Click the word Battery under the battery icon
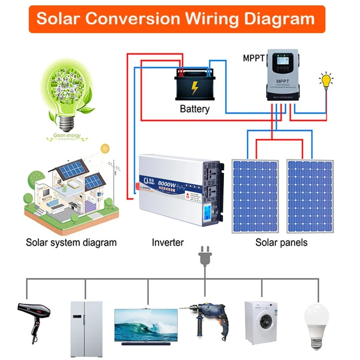tap(194, 108)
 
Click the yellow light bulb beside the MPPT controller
tap(326, 80)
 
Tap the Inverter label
tap(168, 242)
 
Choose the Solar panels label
tap(282, 242)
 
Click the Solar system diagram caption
tap(71, 242)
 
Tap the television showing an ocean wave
tap(146, 325)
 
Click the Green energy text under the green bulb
tap(67, 136)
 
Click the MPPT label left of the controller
tap(254, 58)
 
